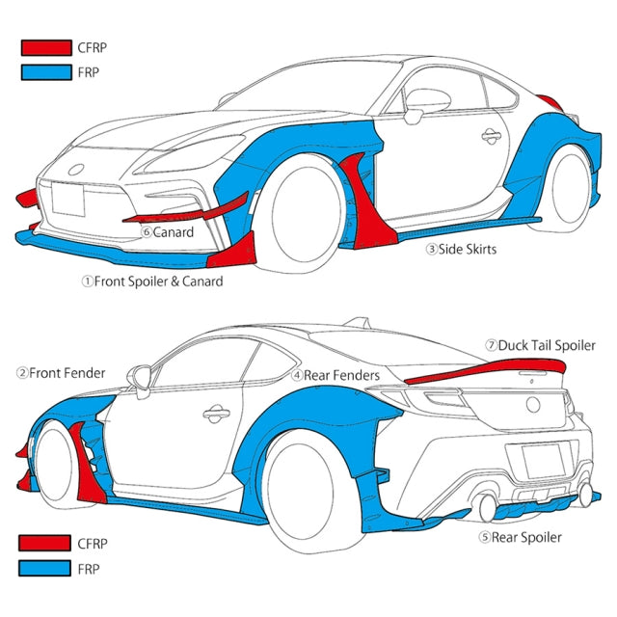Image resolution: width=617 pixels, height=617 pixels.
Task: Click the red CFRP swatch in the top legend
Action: (46, 46)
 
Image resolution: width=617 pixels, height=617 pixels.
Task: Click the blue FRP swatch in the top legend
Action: (46, 71)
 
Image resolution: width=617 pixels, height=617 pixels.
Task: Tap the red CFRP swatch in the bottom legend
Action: (46, 544)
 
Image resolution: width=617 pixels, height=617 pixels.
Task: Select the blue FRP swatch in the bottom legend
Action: (46, 569)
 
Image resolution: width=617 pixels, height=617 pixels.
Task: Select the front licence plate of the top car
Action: (69, 200)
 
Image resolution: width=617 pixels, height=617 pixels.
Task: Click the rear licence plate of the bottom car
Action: (550, 461)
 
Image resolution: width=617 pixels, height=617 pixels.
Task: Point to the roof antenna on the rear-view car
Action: (359, 320)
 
